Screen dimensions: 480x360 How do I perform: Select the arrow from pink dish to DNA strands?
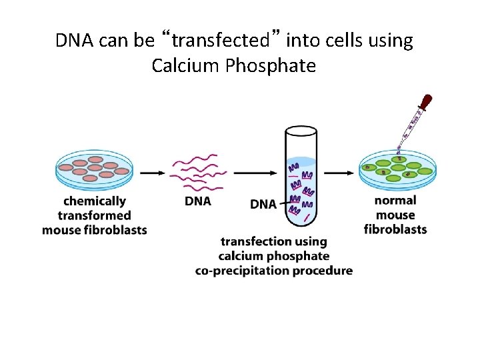(152, 173)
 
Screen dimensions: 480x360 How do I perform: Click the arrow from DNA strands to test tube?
(255, 173)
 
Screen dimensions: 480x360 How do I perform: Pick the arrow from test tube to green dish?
(339, 173)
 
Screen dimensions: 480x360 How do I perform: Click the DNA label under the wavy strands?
(197, 201)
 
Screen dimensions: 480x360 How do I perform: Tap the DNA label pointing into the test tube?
(263, 204)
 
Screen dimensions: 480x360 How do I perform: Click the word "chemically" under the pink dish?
(94, 201)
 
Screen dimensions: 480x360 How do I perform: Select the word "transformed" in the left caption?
(94, 215)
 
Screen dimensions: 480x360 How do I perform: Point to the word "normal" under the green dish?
(395, 200)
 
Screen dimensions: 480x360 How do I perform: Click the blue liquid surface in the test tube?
(301, 161)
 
